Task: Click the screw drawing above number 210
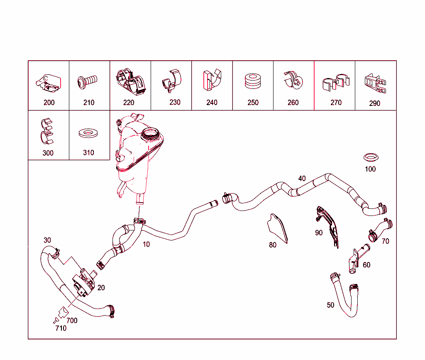point(87,82)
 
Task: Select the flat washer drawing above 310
point(88,133)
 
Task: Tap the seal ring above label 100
point(371,157)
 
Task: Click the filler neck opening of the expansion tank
point(150,133)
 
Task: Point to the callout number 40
point(302,179)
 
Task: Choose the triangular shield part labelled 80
point(278,228)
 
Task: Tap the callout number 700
point(72,321)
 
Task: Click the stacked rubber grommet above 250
point(253,81)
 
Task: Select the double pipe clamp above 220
point(131,82)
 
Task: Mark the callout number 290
point(375,103)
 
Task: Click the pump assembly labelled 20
point(84,282)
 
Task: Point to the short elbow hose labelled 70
point(380,230)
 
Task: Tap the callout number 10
point(147,244)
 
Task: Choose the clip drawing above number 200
point(49,82)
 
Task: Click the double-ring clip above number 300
point(47,131)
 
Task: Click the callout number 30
point(47,240)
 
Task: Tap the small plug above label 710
point(56,320)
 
